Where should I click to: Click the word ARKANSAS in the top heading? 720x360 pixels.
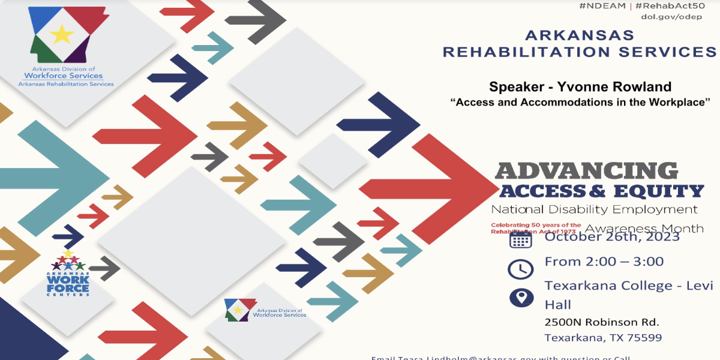coord(579,35)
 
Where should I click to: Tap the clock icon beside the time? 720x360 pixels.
coord(520,268)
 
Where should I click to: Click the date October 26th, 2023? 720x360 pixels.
coord(612,236)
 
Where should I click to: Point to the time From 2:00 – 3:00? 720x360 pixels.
coord(604,262)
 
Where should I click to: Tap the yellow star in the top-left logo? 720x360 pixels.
coord(61,34)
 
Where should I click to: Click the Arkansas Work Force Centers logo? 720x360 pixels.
coord(68,274)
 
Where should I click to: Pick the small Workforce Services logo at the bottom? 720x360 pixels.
coord(265,310)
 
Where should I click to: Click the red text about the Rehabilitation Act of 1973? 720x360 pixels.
coord(536,228)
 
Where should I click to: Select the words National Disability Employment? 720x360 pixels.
coord(594,209)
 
